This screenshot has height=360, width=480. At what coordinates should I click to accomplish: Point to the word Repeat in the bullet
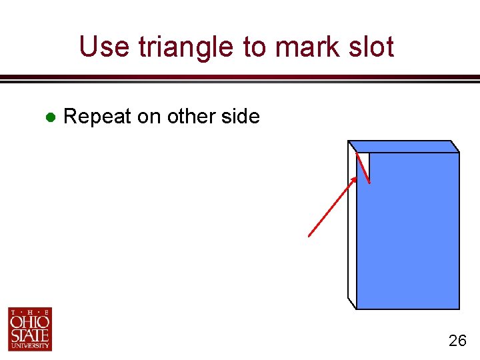click(97, 117)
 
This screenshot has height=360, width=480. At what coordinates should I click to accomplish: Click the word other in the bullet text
click(192, 117)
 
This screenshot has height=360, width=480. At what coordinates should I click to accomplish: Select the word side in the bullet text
click(241, 117)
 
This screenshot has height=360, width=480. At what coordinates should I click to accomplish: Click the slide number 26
click(457, 341)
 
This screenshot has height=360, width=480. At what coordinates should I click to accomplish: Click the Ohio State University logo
click(30, 329)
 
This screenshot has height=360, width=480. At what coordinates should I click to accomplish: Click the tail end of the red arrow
click(309, 235)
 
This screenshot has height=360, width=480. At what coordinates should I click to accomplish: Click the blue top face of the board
click(404, 146)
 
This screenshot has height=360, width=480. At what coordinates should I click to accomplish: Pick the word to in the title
click(248, 47)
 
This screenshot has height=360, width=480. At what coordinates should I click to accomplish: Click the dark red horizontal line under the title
click(240, 78)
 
